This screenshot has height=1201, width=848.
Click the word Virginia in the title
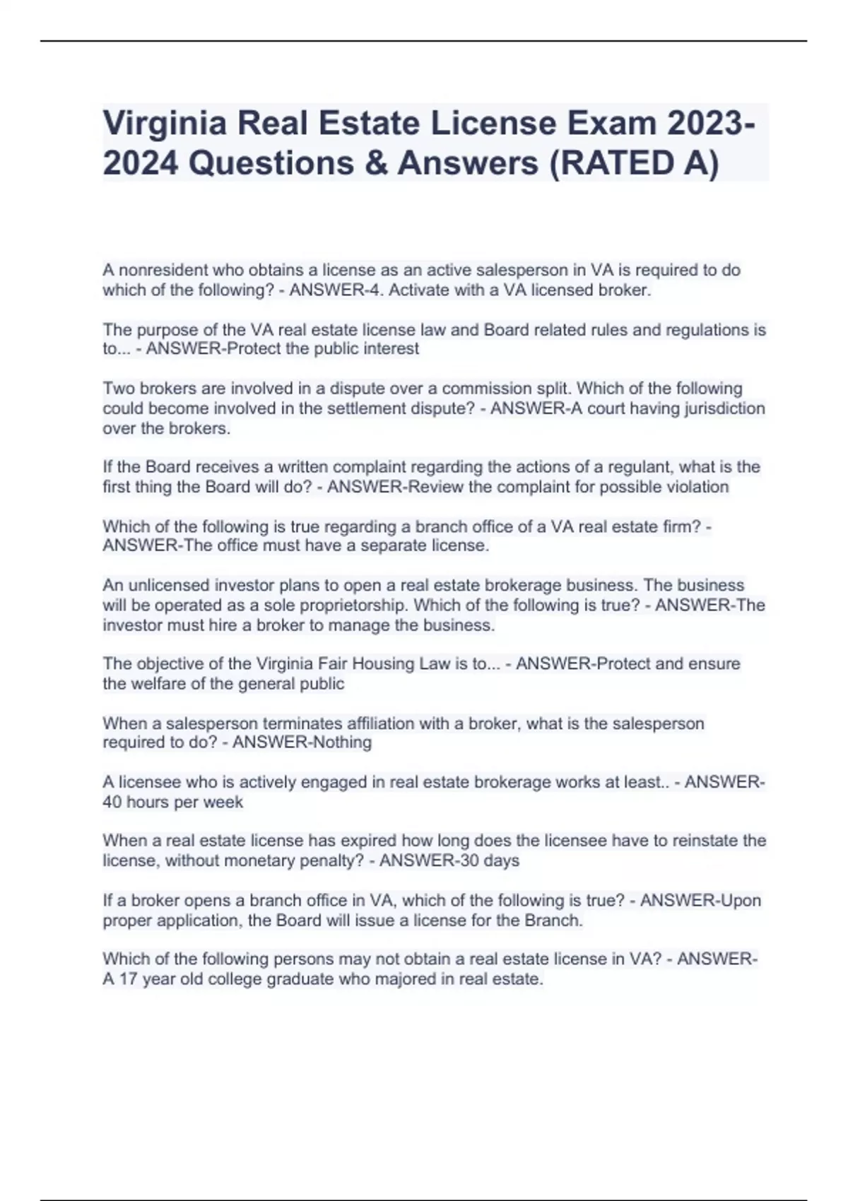tap(164, 124)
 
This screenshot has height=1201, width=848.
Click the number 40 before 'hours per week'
tap(112, 803)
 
